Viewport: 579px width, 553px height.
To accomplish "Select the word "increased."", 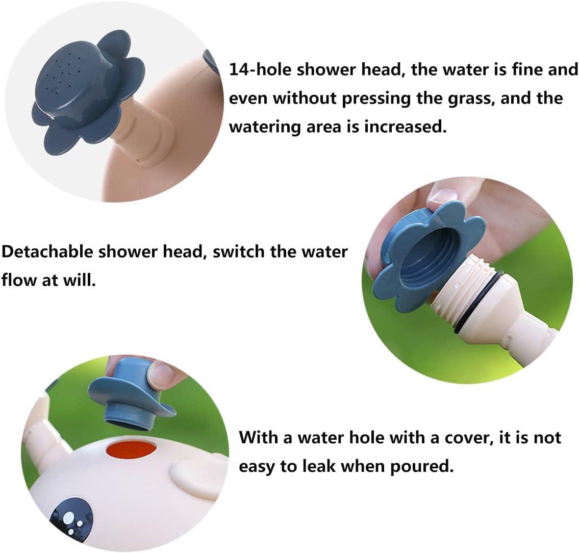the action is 406,127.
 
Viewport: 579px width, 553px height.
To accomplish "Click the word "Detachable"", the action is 47,252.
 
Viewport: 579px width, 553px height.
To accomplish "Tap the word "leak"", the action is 319,466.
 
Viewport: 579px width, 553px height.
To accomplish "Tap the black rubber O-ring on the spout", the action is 480,301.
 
